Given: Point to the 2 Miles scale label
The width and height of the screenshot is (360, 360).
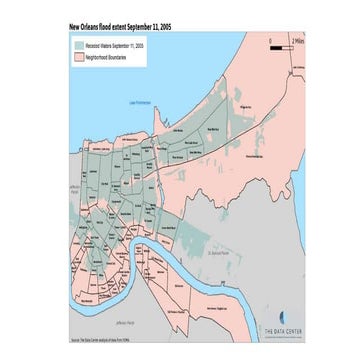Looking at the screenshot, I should (x=296, y=39).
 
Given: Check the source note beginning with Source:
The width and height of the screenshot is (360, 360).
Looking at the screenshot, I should (x=107, y=341).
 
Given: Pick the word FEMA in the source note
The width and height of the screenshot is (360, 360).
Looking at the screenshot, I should (x=141, y=341).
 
